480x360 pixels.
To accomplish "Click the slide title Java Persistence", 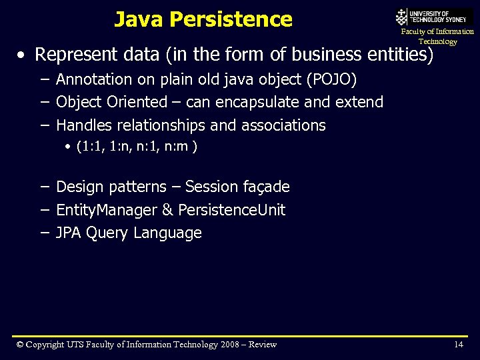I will point(203,19).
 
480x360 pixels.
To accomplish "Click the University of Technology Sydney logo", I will point(433,17).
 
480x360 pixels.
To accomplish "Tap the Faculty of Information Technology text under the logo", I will point(437,37).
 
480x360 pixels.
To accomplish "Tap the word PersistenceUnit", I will point(232,210).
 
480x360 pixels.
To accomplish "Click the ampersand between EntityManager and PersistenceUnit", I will point(168,210).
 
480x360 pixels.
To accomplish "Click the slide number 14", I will point(458,345).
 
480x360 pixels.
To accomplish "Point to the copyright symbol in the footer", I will point(21,345).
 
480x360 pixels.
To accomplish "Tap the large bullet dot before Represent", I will point(23,55).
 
